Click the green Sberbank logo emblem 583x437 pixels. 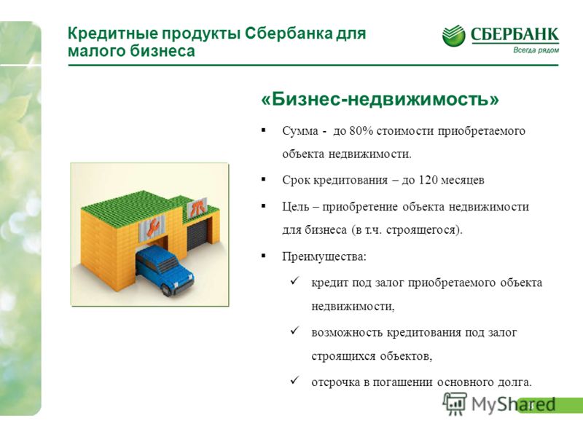click(453, 36)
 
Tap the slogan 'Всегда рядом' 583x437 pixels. click(536, 50)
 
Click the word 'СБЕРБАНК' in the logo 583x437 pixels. click(514, 34)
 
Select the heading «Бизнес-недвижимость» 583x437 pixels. click(380, 99)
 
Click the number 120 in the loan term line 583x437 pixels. click(428, 180)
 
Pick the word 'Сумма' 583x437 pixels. click(300, 131)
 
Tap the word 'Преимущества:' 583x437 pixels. click(324, 257)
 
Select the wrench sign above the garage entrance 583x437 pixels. click(152, 227)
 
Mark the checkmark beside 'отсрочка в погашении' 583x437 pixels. click(295, 380)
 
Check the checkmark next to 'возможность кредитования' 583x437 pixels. click(295, 330)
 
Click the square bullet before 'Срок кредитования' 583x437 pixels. click(264, 179)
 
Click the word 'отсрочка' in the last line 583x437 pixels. click(336, 382)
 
